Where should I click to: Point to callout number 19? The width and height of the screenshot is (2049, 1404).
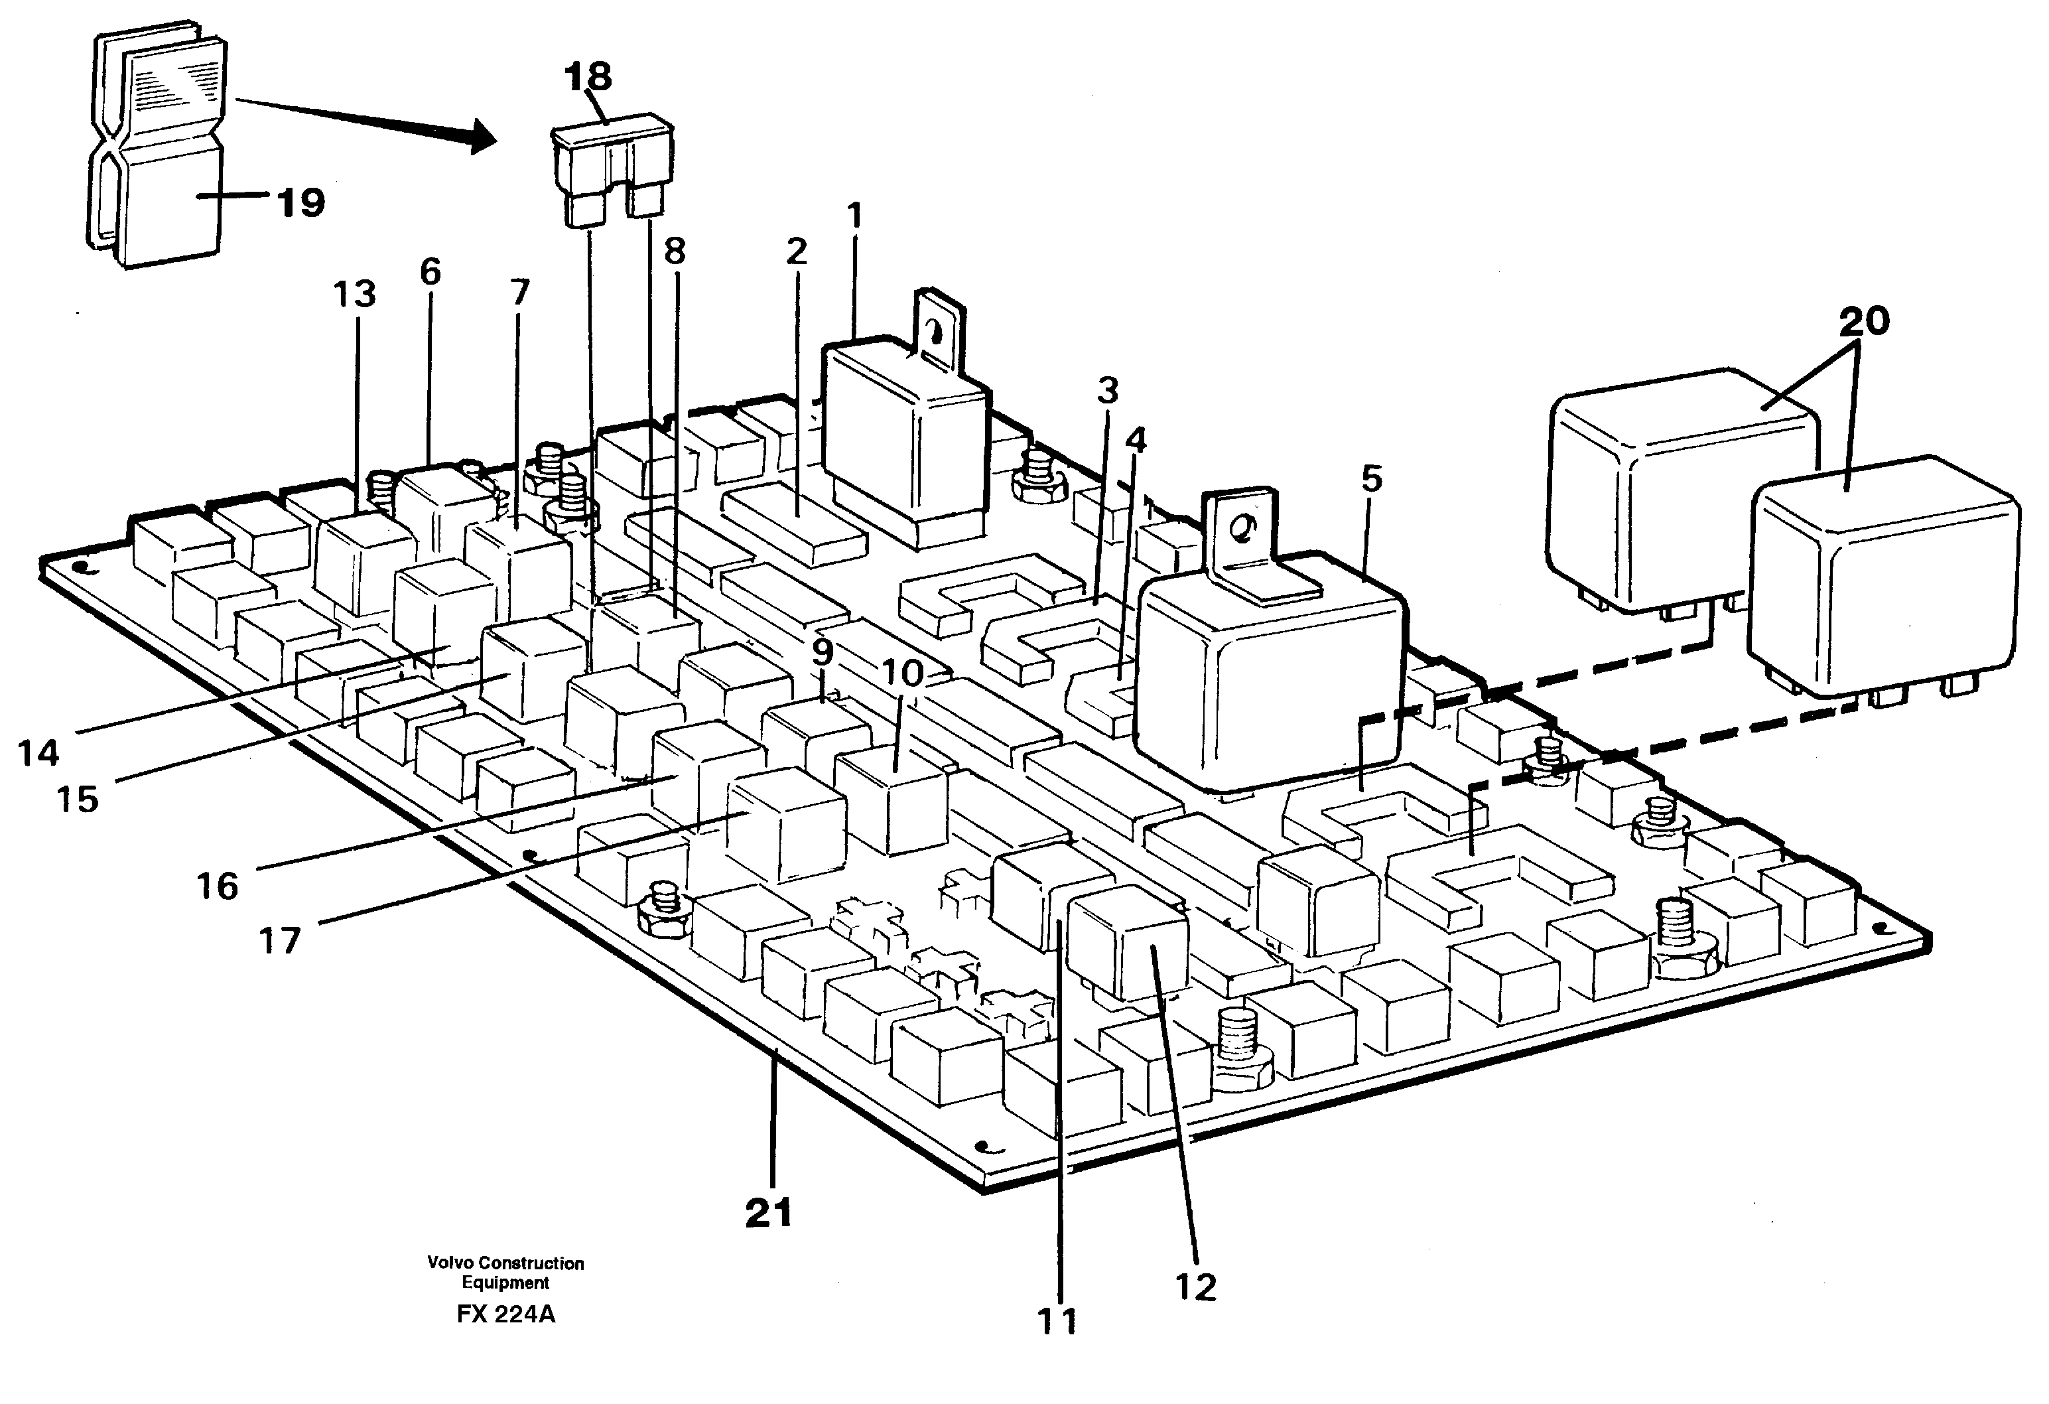(302, 203)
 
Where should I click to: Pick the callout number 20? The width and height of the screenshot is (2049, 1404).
(1864, 322)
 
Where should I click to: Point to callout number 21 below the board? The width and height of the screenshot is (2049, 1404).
(769, 1214)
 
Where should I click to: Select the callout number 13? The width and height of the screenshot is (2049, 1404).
(354, 294)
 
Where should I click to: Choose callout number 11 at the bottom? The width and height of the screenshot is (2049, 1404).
(1058, 1321)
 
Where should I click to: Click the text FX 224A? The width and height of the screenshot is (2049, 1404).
(506, 1314)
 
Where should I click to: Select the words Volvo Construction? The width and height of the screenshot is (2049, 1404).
(505, 1263)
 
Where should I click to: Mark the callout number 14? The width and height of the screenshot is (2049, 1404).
(38, 753)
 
